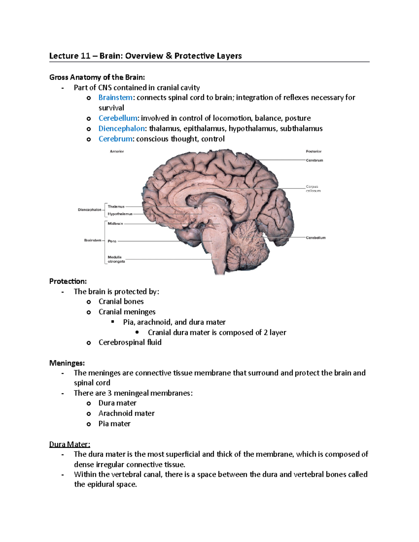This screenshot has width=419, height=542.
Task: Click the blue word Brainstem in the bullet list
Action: (x=115, y=98)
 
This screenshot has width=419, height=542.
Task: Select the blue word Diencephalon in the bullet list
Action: (x=122, y=129)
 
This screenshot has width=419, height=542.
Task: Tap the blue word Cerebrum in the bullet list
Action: (x=115, y=139)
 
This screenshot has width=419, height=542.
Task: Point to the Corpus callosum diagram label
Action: (x=313, y=189)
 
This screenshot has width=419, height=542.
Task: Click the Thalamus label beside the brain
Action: (x=116, y=207)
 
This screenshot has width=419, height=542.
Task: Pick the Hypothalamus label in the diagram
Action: (x=120, y=214)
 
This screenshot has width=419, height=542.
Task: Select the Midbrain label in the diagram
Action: (x=115, y=224)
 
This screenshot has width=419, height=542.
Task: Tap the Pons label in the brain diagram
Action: (x=112, y=241)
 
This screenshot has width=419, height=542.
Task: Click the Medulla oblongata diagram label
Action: (x=116, y=259)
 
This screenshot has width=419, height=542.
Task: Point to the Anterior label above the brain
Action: (x=117, y=151)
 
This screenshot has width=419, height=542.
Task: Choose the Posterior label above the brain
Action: (x=314, y=151)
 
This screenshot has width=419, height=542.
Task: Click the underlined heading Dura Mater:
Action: (x=69, y=444)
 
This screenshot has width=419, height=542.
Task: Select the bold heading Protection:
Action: (x=68, y=281)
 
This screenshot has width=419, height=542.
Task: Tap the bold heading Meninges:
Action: (x=67, y=363)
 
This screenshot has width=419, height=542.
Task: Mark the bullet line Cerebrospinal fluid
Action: (x=130, y=342)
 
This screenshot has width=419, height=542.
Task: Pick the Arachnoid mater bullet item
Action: (x=126, y=414)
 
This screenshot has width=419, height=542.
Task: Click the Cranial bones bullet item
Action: (x=121, y=302)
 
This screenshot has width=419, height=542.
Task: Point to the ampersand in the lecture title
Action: (x=169, y=56)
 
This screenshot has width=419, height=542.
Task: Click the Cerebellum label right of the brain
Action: (x=316, y=238)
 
